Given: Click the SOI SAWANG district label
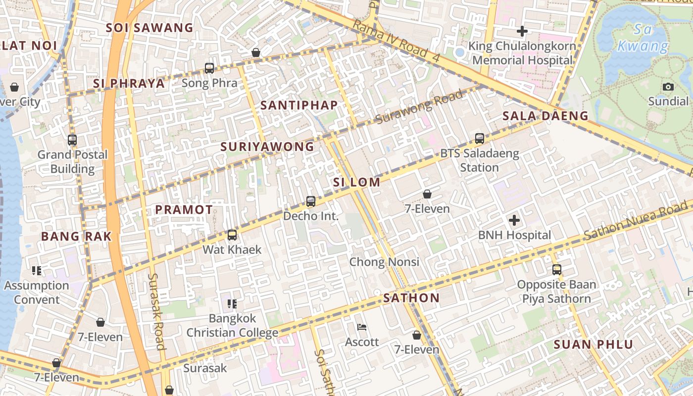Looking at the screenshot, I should [149, 28].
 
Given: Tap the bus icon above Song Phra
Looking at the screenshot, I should [209, 68].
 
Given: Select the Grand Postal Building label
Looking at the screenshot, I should [72, 162].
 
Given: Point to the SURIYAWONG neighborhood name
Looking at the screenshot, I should [267, 147].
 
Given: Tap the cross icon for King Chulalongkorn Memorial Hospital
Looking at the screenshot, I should [522, 31].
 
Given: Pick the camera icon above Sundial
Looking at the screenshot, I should [668, 87].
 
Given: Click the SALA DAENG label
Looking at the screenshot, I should [545, 116].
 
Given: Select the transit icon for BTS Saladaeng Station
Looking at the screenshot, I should [479, 139].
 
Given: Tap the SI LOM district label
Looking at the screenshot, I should [356, 182].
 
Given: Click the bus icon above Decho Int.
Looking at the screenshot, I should [310, 201].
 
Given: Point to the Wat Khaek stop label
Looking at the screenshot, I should [232, 249].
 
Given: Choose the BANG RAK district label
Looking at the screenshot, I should [76, 236].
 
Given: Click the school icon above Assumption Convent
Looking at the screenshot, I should [37, 271].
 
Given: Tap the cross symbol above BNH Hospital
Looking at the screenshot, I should [514, 220].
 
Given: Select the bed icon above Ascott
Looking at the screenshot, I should [362, 327].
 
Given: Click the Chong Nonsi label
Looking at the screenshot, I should [384, 262].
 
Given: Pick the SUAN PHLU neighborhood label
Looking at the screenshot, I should [593, 345].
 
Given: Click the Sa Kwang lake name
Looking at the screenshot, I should [643, 38].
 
